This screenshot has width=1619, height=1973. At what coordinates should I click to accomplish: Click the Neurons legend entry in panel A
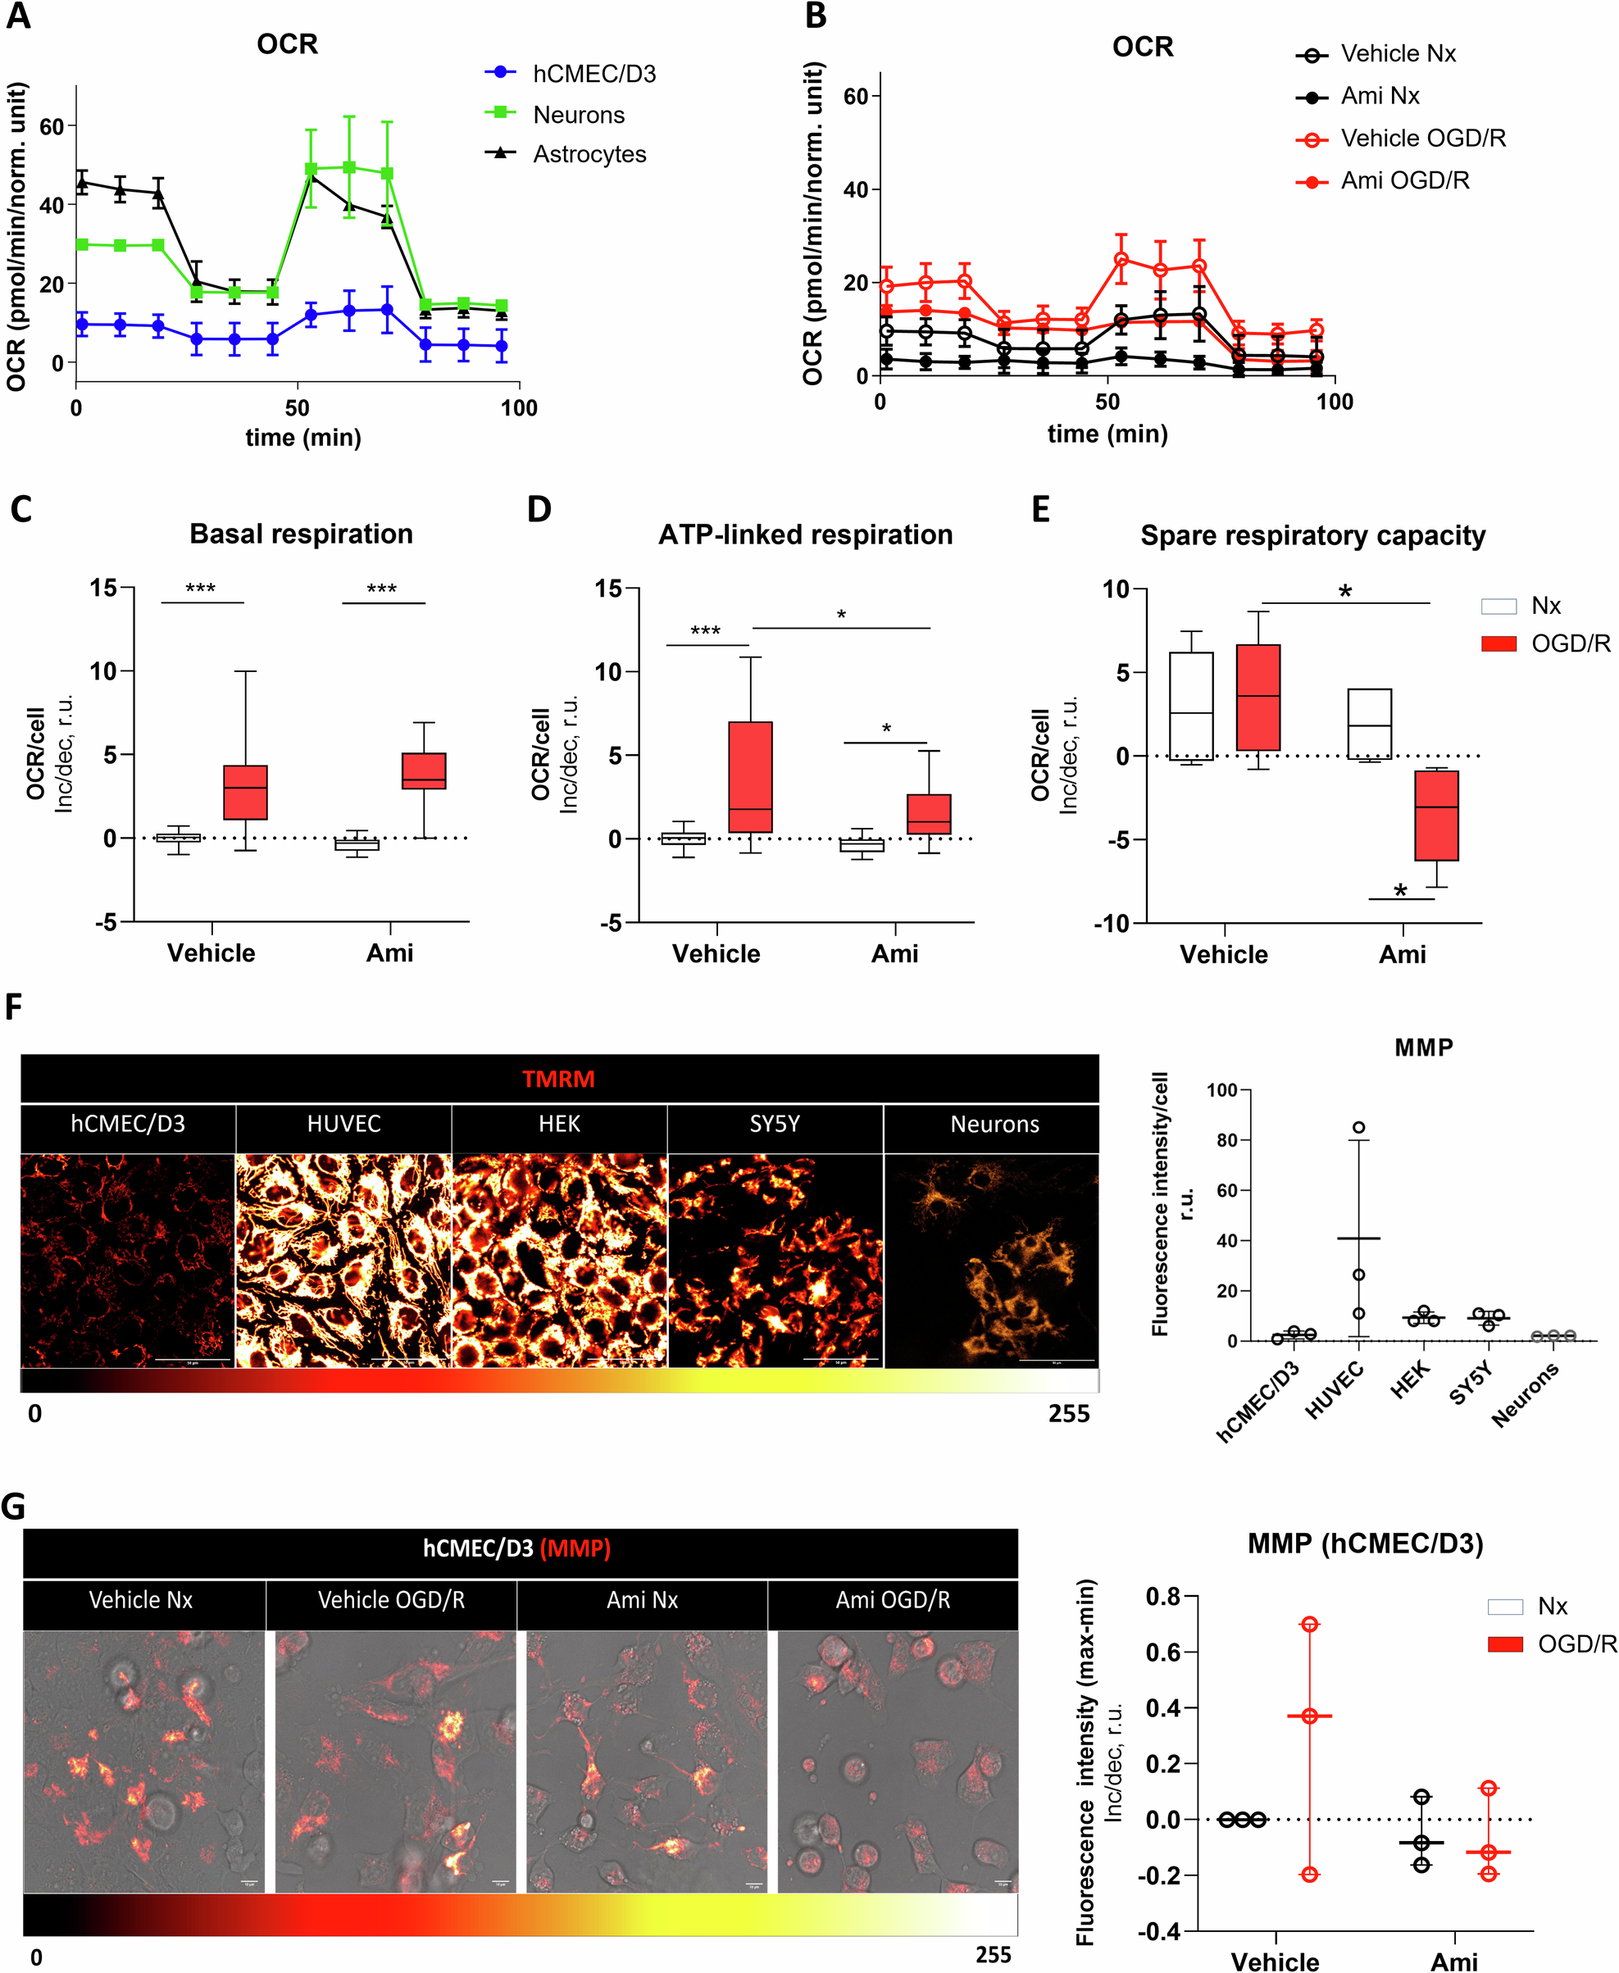coord(578,115)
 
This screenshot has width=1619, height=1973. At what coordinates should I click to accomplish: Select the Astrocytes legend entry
coord(589,154)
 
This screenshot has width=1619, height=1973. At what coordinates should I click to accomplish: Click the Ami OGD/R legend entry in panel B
coord(1403,181)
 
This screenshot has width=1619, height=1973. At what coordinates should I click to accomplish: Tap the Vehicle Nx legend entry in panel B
coord(1397,54)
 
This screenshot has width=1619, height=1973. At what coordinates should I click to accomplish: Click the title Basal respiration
coord(301,534)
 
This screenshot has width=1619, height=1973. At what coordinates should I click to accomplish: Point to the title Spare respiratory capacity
coord(1312,536)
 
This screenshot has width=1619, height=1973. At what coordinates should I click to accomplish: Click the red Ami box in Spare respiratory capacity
coord(1436,816)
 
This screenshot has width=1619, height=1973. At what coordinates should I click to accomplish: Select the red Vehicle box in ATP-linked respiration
coord(750,777)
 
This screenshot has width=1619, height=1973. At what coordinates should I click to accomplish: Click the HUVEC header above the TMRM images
coord(343,1125)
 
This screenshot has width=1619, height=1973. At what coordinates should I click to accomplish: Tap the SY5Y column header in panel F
coord(774,1125)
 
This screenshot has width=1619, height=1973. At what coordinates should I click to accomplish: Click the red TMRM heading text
coord(557,1079)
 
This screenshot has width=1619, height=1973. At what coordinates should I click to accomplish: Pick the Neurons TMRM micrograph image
coord(991,1261)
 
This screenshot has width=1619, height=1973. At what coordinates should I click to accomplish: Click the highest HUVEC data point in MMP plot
coord(1359,1127)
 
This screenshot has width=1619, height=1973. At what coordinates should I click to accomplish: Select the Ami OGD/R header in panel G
coord(893,1601)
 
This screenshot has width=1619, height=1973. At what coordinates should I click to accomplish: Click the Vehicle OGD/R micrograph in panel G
coord(392,1762)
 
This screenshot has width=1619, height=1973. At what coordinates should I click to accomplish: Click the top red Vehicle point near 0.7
coord(1309,1625)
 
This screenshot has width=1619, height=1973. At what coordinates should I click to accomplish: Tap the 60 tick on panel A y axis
coord(52,127)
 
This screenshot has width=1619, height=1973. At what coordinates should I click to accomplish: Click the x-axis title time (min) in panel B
coord(1107,434)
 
